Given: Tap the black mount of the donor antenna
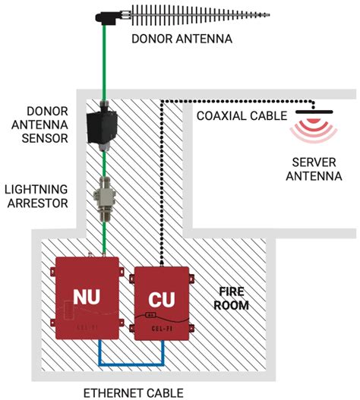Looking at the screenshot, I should [x=106, y=15].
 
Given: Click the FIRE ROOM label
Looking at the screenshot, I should [x=232, y=298].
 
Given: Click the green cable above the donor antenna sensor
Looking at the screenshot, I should [x=104, y=68].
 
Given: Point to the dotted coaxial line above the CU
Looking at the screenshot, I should [x=162, y=190].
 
